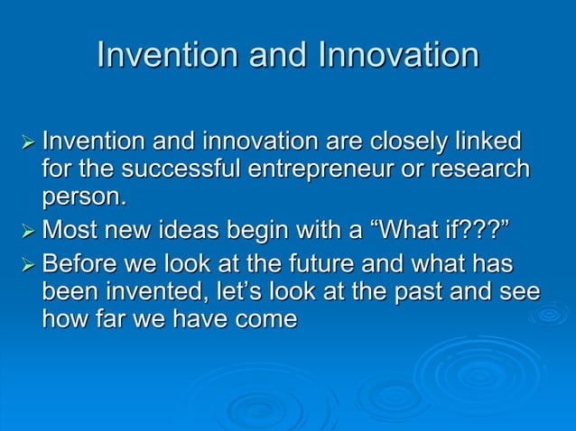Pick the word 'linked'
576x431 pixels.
point(489,142)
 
